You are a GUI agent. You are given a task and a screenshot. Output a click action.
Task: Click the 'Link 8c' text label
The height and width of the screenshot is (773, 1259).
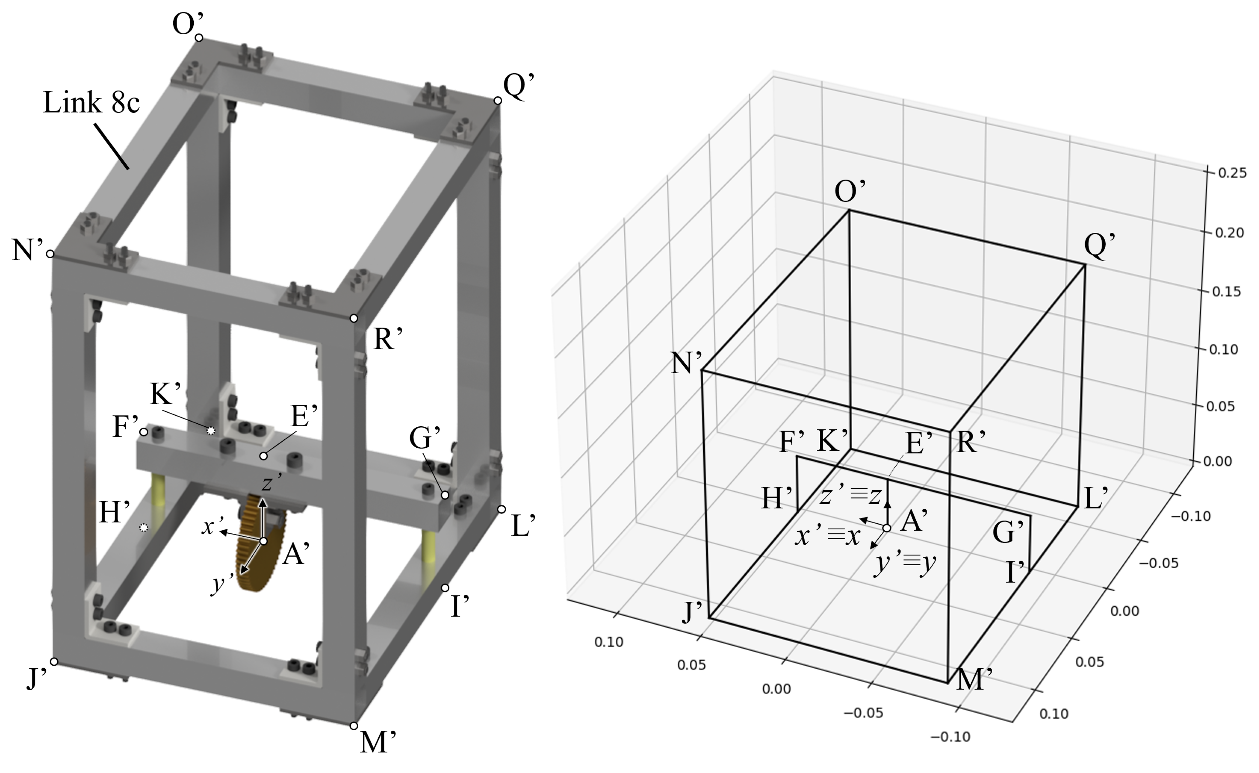point(91,102)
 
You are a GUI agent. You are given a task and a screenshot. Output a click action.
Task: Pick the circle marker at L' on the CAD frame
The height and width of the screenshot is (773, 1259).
point(502,510)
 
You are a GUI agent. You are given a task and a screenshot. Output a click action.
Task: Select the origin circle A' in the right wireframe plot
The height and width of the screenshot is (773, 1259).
point(887,528)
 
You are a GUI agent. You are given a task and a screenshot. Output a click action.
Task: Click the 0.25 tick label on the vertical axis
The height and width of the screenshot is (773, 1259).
point(1232,173)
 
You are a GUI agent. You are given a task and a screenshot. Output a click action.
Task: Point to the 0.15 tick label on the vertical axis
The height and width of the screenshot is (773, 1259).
point(1226,291)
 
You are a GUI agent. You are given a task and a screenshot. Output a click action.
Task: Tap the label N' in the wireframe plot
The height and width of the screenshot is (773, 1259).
point(686,363)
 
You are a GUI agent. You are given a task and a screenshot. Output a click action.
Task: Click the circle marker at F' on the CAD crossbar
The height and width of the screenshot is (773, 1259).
point(144,432)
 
